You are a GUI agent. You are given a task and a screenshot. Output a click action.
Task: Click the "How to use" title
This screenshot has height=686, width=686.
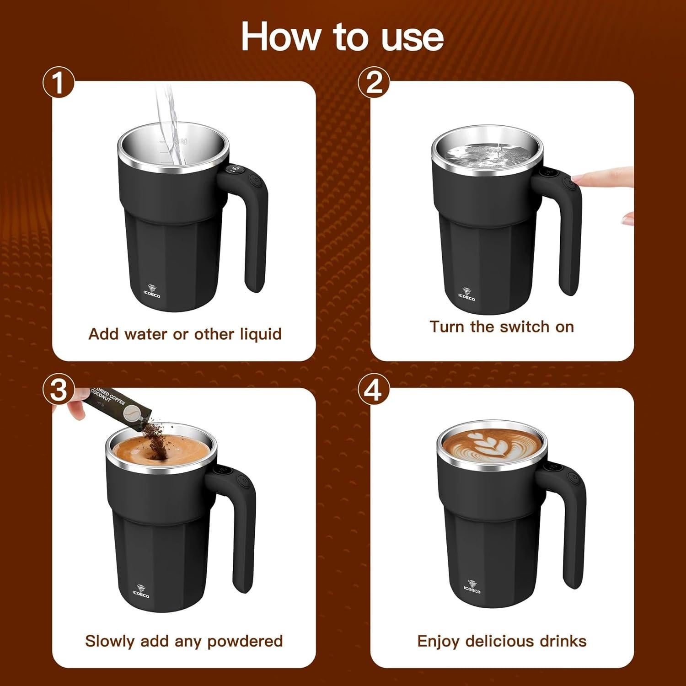342,37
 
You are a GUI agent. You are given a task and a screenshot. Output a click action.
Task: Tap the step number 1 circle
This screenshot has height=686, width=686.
58,83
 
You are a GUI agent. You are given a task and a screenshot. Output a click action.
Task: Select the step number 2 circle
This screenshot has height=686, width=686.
374,83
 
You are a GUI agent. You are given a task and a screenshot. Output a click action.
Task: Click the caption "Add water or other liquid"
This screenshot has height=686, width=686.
185,334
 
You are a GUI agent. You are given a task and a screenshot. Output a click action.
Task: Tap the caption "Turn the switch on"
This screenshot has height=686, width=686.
502,327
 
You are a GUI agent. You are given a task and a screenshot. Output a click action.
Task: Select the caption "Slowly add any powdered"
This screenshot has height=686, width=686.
184,641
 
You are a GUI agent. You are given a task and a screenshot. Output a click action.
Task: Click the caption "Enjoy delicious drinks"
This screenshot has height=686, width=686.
502,641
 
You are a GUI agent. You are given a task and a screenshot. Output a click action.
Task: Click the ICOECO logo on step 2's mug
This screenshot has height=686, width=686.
466,295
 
